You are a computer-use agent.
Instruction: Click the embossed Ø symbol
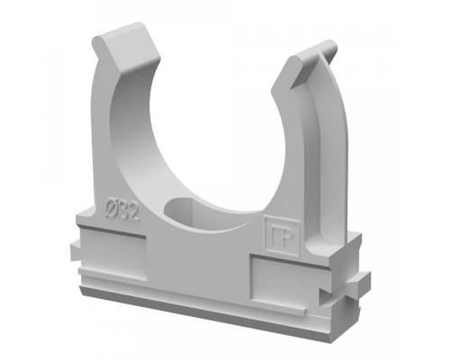pos(112,207)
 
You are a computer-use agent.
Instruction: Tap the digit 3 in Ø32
pos(122,211)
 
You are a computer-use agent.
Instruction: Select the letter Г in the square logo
pos(276,237)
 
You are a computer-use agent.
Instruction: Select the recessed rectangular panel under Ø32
pos(112,253)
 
